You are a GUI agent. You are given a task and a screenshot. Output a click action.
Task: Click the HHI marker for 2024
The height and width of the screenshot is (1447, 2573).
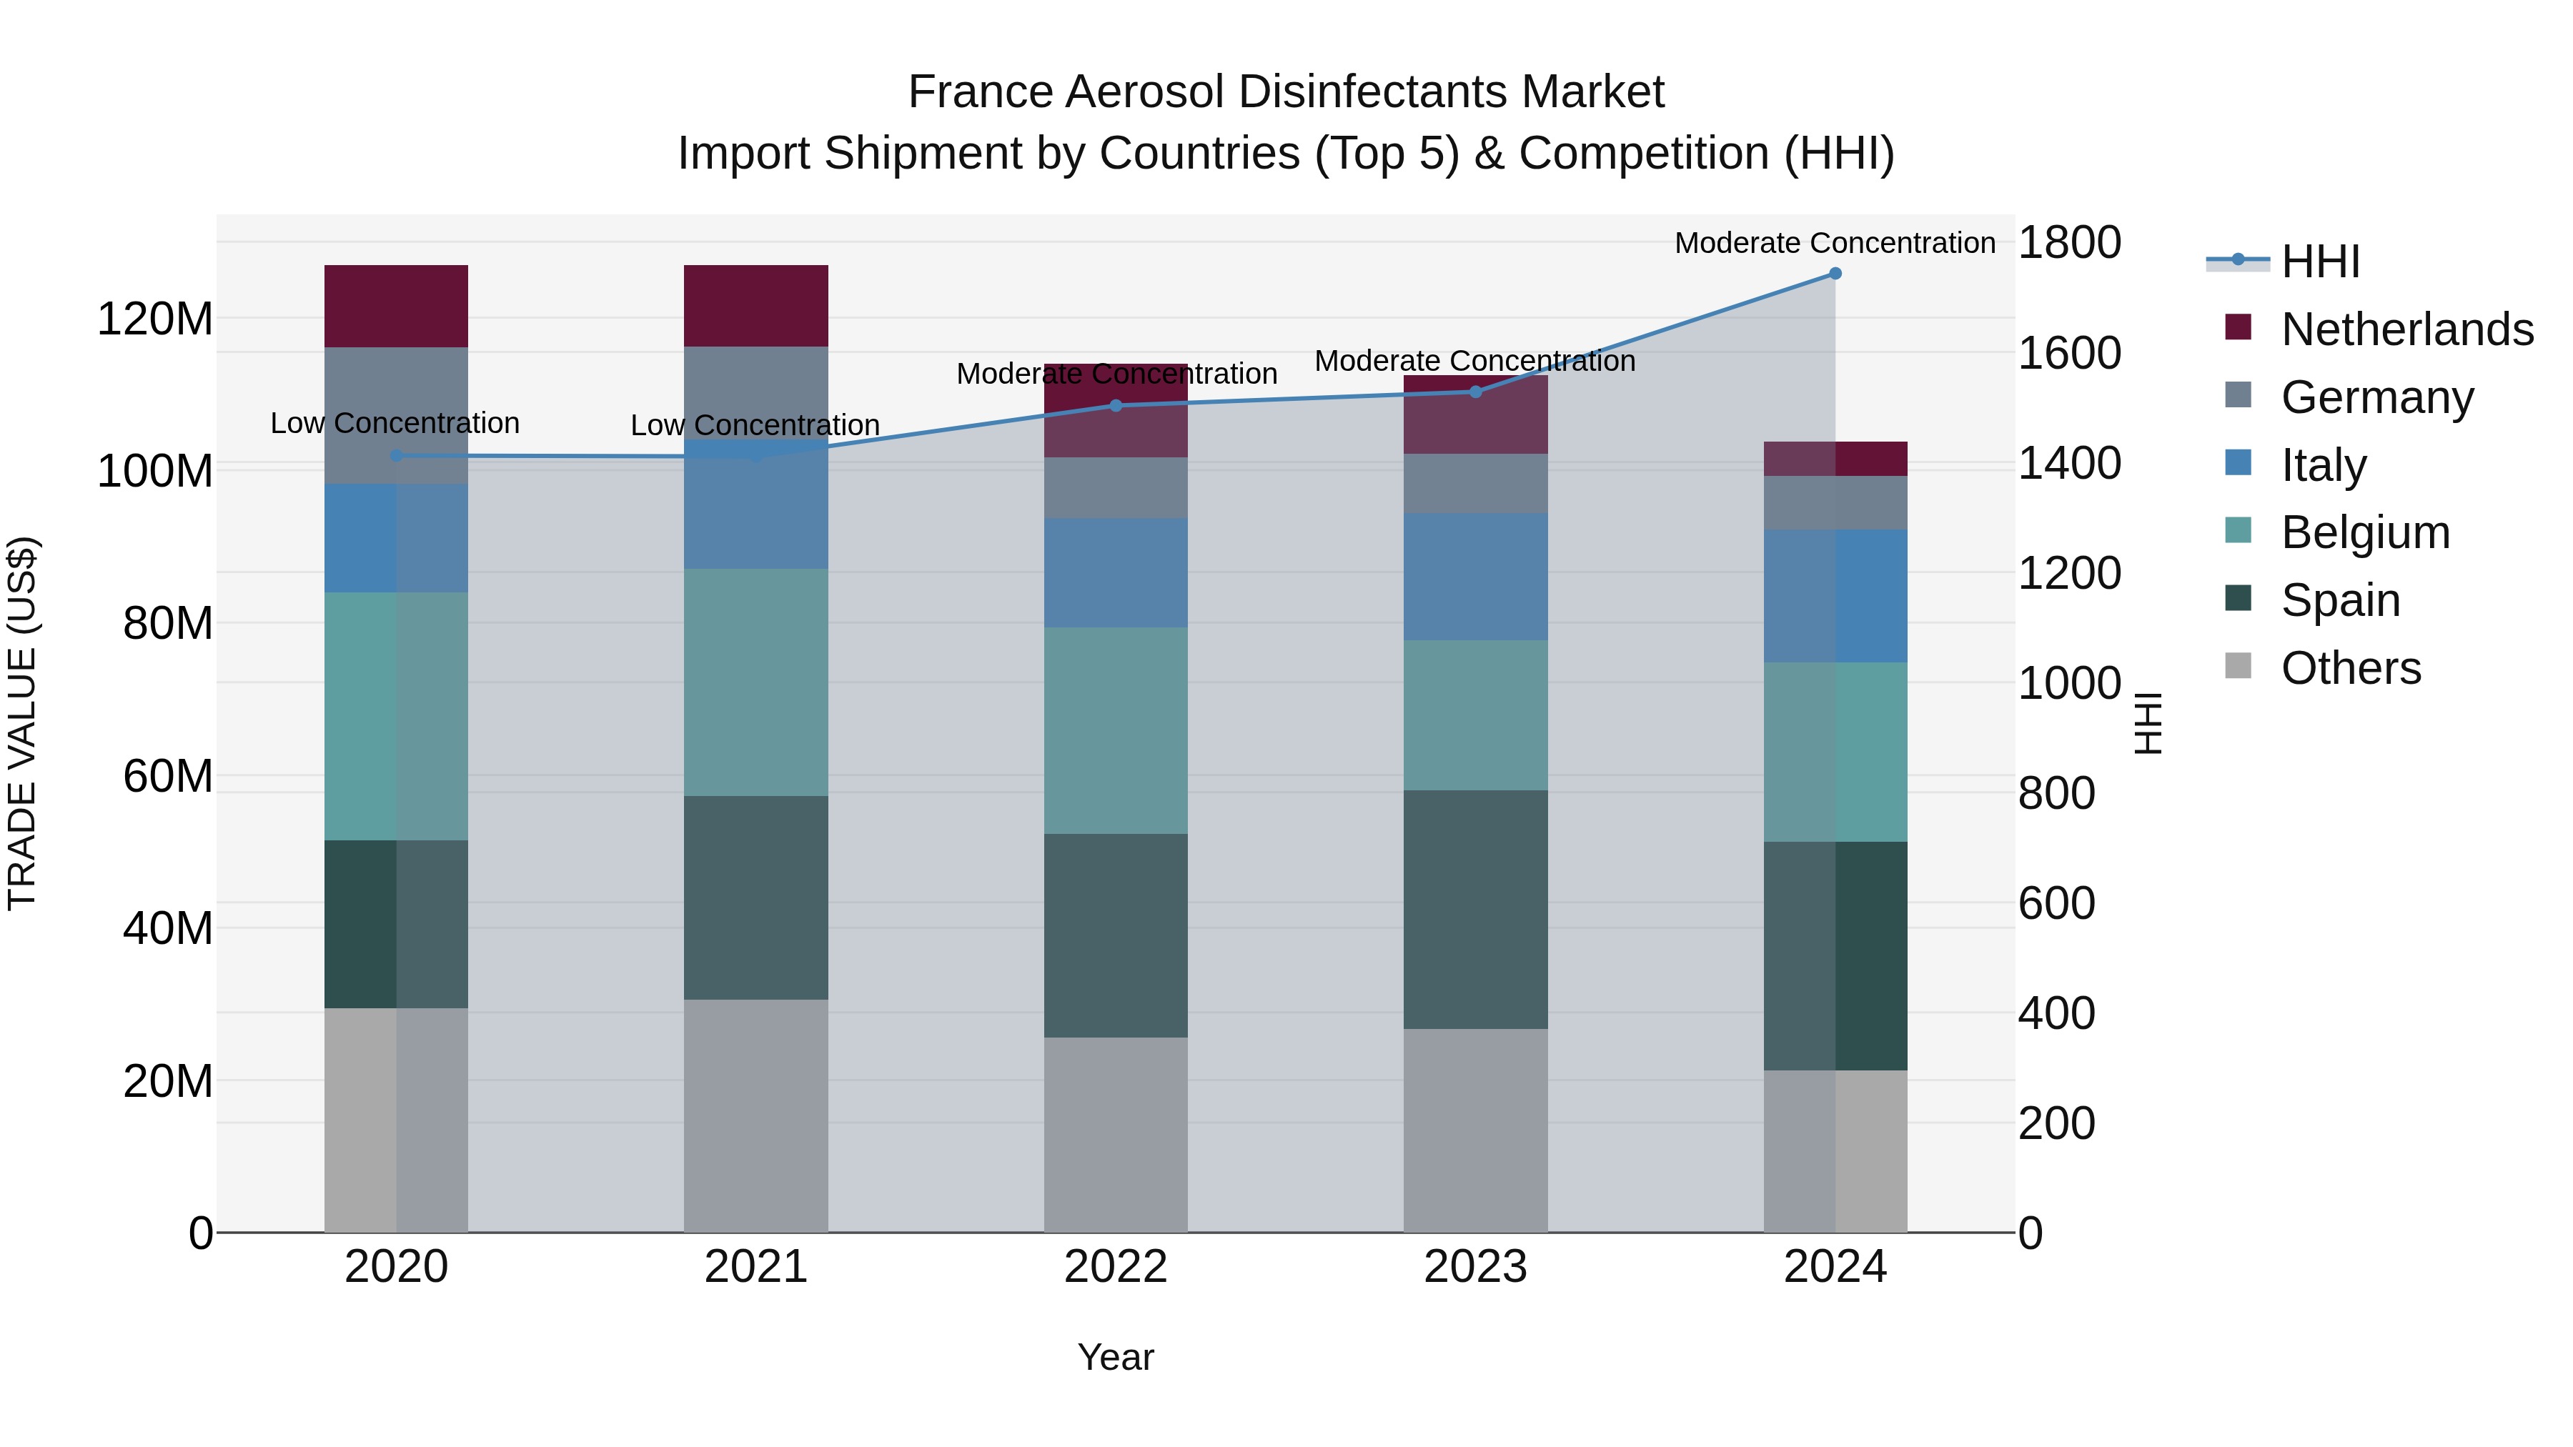click(1835, 274)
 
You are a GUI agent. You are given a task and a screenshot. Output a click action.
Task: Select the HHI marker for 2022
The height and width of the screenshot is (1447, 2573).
click(1116, 405)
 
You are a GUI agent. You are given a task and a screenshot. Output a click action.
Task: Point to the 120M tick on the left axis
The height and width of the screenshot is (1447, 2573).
click(155, 319)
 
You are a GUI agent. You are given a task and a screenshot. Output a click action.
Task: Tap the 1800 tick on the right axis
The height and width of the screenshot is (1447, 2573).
click(2068, 243)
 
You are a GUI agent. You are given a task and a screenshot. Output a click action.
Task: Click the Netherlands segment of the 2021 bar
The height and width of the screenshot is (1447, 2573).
click(756, 306)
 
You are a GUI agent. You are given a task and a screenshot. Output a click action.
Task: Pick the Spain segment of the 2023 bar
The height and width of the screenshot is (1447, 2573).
click(1475, 909)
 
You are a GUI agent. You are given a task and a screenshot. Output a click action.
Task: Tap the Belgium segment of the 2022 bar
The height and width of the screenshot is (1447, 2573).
click(1116, 730)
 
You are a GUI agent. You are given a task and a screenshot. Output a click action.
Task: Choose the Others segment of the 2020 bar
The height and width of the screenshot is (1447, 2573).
click(397, 1120)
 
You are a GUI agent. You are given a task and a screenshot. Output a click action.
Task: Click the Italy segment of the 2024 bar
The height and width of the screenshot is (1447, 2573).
click(1835, 596)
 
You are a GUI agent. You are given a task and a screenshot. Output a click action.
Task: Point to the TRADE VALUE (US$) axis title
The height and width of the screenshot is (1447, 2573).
click(22, 723)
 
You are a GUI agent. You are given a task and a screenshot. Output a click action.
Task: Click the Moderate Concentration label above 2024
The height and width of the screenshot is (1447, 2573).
click(1835, 243)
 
